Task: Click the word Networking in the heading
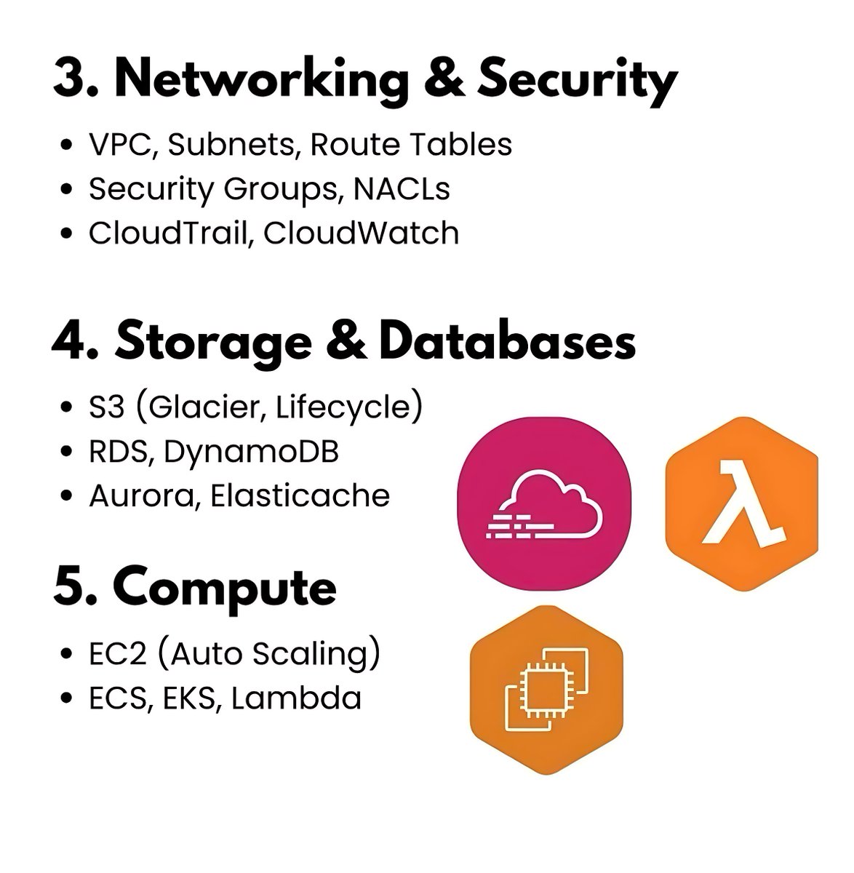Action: click(262, 80)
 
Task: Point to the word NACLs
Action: click(402, 189)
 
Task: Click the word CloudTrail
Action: click(168, 234)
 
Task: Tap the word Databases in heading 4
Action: click(507, 342)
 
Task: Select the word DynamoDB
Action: click(251, 452)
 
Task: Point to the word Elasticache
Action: click(300, 496)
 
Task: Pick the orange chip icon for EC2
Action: click(546, 690)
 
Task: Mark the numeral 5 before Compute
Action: click(68, 588)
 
